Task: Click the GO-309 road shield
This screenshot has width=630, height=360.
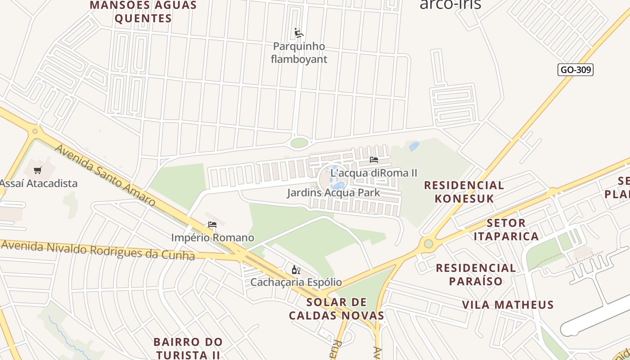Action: click(x=575, y=70)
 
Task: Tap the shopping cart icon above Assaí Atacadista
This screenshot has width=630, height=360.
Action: click(x=38, y=170)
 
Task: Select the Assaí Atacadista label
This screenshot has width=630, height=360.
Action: click(x=39, y=183)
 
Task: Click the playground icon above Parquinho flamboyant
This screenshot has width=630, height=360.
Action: click(x=299, y=33)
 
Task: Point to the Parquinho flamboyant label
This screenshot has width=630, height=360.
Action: click(x=299, y=53)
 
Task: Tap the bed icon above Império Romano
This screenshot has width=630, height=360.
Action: click(x=212, y=225)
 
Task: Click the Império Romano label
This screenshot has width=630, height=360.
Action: click(x=212, y=237)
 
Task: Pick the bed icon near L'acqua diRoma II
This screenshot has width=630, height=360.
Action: click(x=373, y=159)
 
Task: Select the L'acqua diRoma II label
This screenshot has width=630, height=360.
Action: click(x=374, y=173)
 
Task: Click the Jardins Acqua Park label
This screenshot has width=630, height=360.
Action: click(x=333, y=193)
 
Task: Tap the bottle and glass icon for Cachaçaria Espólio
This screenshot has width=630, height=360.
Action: click(x=296, y=270)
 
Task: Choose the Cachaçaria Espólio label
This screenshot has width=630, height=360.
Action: click(x=296, y=282)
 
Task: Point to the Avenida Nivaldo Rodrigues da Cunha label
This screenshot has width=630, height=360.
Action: click(x=98, y=250)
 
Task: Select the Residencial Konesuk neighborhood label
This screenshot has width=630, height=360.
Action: click(x=464, y=192)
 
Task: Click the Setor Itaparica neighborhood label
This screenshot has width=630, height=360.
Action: click(x=506, y=229)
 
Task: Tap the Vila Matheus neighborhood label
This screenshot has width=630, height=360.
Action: click(x=508, y=305)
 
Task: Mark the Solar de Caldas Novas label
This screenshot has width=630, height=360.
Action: click(x=336, y=309)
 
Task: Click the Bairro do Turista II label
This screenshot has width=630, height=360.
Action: click(x=188, y=348)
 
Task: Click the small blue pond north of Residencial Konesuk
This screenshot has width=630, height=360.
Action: click(x=414, y=146)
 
